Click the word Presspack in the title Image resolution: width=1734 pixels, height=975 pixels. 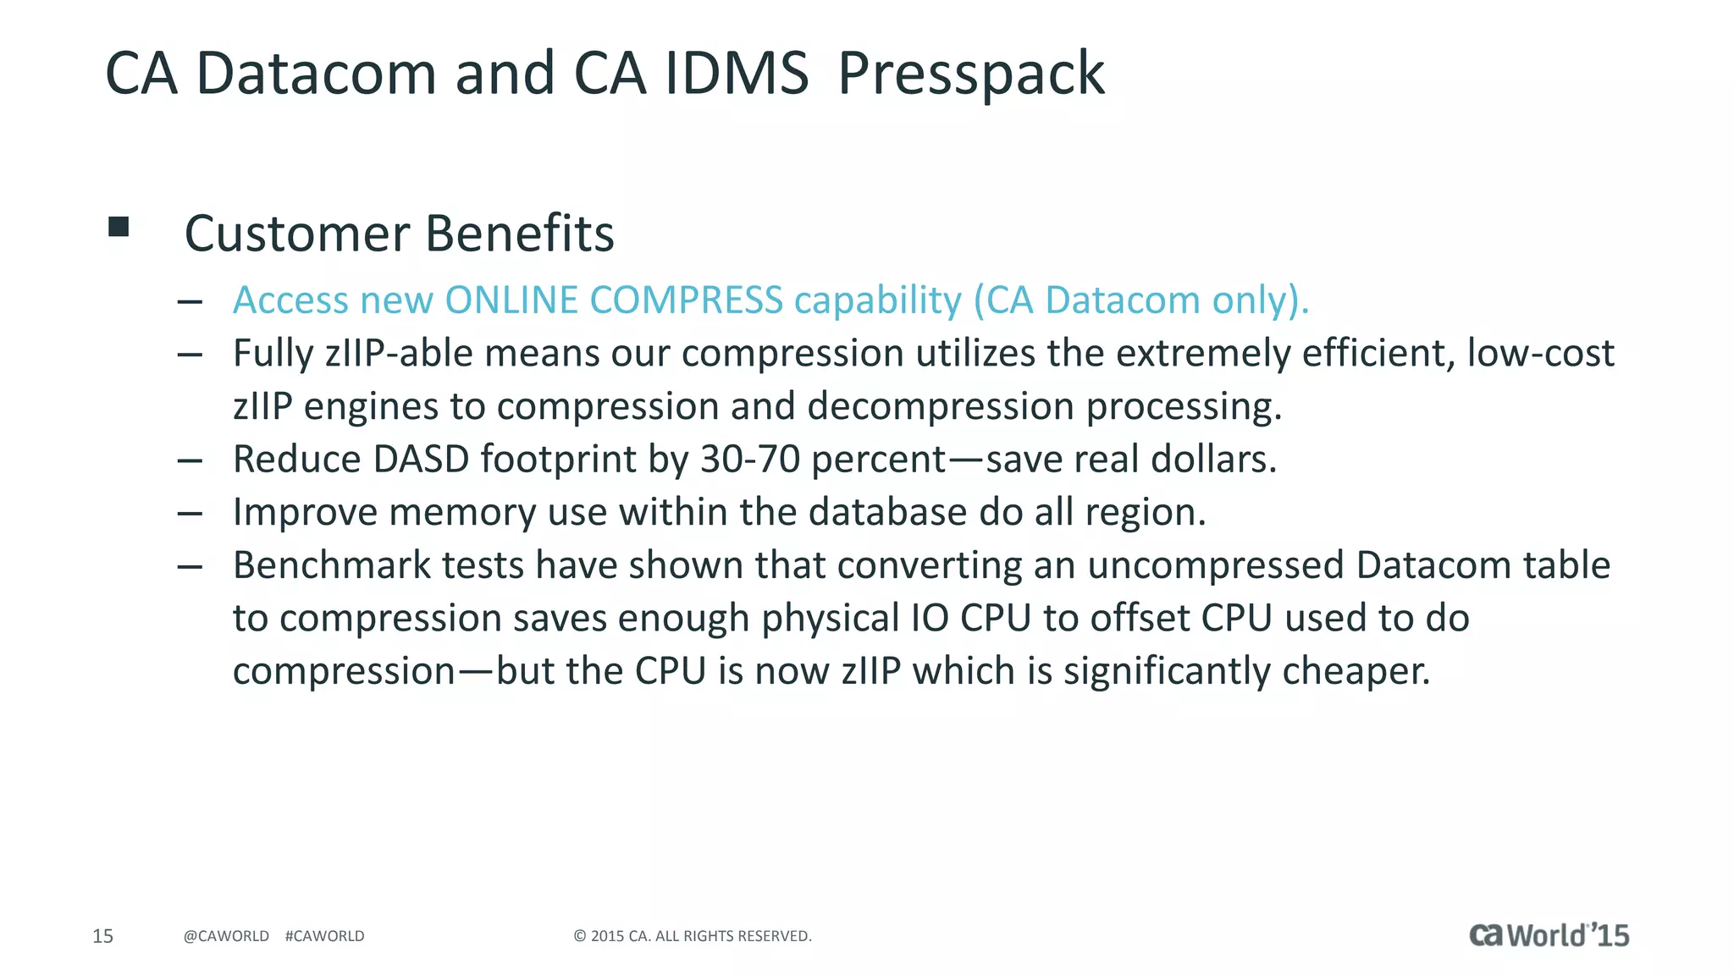970,74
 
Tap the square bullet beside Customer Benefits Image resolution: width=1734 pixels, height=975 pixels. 119,226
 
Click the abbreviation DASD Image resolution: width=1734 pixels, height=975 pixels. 421,460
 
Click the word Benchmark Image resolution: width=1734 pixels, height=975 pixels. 332,565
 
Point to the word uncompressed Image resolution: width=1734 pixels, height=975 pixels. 1216,565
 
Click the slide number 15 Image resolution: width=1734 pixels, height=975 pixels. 102,936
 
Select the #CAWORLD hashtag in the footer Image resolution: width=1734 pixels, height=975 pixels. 325,936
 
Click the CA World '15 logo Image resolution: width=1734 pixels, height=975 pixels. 1549,935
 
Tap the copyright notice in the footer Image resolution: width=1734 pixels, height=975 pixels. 693,936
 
